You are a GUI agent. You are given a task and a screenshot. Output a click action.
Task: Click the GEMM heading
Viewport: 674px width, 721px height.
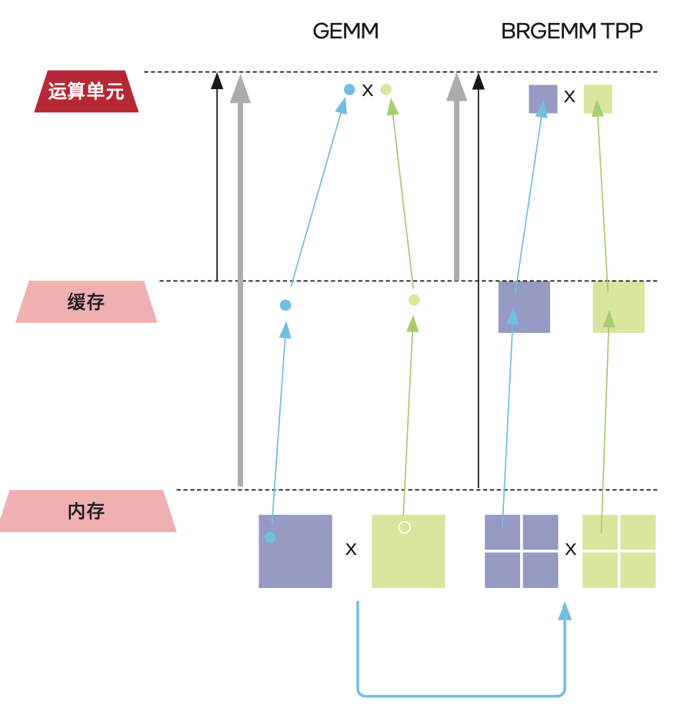click(x=345, y=32)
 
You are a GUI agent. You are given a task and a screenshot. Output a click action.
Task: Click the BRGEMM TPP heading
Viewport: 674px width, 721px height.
click(x=572, y=32)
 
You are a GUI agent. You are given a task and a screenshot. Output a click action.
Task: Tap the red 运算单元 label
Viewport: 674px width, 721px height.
click(x=86, y=91)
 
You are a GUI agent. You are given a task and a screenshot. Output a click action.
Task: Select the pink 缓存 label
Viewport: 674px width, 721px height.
click(x=86, y=301)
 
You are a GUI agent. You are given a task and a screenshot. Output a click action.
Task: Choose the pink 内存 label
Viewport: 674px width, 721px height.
click(x=86, y=510)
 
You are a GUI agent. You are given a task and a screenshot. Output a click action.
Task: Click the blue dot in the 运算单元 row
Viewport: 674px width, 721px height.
click(x=349, y=89)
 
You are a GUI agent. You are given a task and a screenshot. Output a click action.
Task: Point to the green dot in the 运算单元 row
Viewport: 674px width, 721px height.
click(x=386, y=89)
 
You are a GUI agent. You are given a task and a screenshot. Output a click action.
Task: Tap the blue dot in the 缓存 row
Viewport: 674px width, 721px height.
click(x=285, y=305)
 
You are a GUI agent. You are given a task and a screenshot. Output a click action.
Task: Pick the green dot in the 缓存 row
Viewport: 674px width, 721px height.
click(x=414, y=300)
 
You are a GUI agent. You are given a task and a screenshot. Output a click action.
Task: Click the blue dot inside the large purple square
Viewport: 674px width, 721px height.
click(x=270, y=537)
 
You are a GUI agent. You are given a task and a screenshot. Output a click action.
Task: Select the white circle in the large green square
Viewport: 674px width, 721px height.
click(x=405, y=527)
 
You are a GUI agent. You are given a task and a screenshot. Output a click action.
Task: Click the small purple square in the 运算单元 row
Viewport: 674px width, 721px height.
click(x=542, y=98)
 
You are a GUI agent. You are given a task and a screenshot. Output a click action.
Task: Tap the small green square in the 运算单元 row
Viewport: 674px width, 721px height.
click(x=598, y=98)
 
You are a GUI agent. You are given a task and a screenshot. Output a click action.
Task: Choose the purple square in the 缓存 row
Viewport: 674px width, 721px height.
click(x=524, y=307)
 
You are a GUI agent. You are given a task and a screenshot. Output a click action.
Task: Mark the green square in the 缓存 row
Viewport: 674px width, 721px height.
click(x=619, y=307)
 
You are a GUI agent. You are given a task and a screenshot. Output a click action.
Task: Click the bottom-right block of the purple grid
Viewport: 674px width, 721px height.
click(x=541, y=570)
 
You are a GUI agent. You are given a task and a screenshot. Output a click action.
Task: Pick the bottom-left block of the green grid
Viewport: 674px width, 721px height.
click(x=600, y=570)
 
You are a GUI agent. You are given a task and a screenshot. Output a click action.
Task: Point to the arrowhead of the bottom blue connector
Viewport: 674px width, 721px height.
click(x=565, y=611)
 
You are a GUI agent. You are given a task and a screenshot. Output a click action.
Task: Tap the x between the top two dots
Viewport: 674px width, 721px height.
click(x=368, y=91)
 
